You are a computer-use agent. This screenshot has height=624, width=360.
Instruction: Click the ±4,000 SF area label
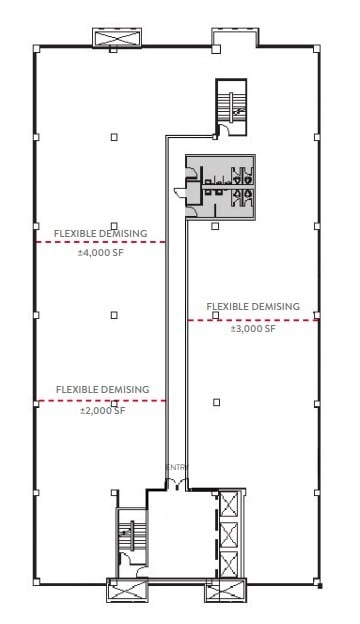(x=101, y=253)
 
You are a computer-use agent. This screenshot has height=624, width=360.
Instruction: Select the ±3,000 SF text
(x=252, y=328)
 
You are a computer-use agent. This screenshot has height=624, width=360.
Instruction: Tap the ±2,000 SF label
(x=102, y=410)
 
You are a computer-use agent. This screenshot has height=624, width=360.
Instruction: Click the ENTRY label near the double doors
(x=176, y=467)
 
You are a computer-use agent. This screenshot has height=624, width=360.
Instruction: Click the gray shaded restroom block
(x=218, y=184)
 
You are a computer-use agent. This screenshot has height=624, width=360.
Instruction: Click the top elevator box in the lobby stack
(x=230, y=503)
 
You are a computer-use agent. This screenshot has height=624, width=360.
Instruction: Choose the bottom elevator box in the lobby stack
(x=230, y=564)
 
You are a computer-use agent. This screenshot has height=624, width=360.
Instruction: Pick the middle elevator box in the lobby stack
(x=230, y=534)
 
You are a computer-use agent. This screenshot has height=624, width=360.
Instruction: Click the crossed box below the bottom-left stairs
(x=126, y=591)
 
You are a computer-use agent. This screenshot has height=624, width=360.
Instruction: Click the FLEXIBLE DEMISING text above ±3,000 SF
(x=252, y=306)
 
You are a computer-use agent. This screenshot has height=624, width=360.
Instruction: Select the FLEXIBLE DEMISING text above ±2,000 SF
(x=102, y=388)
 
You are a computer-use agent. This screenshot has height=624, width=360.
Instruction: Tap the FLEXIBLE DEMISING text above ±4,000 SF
(x=101, y=233)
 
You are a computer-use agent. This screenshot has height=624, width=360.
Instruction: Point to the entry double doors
(x=176, y=484)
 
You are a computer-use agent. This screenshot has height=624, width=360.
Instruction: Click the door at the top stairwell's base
(x=232, y=127)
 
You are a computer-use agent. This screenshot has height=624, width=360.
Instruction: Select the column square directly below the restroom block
(x=216, y=227)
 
